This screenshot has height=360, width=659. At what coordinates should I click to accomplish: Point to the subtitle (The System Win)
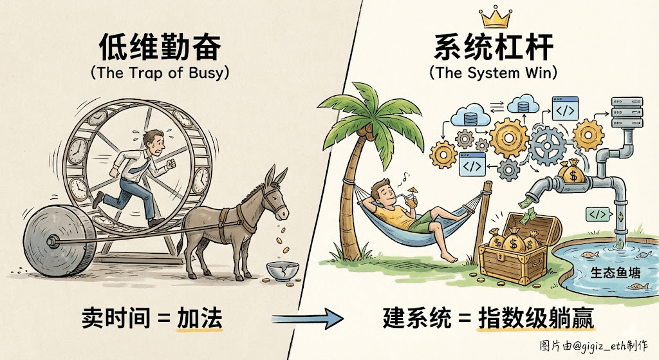point(495,72)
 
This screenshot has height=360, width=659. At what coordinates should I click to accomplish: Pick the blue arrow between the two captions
point(306,317)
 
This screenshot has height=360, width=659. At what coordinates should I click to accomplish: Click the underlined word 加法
point(200,317)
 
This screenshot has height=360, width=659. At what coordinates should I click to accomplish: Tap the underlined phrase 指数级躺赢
point(535,317)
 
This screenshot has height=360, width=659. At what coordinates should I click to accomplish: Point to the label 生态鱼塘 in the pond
point(612,272)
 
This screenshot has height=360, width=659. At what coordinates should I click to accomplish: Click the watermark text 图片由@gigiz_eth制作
point(596,347)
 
